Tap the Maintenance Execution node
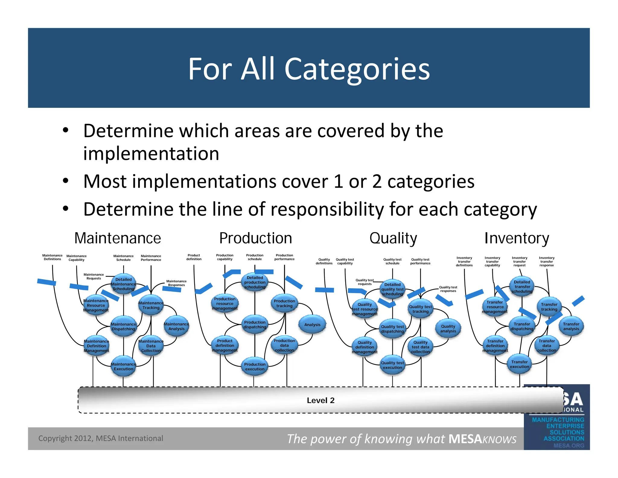click(x=123, y=367)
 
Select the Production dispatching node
click(x=255, y=325)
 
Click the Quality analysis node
click(x=448, y=328)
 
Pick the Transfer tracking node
click(x=549, y=307)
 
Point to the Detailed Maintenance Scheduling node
click(x=123, y=284)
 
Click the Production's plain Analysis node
click(x=312, y=325)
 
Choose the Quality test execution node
click(x=392, y=365)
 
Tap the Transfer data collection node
click(x=546, y=346)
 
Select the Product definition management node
click(x=225, y=345)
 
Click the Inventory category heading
click(x=517, y=238)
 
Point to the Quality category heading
click(x=393, y=238)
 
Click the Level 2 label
click(x=320, y=400)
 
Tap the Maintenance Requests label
click(x=94, y=276)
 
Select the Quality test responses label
click(x=448, y=289)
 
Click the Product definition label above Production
click(x=194, y=257)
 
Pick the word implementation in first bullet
click(x=151, y=153)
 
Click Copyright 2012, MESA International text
click(x=100, y=438)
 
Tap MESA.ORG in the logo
click(x=569, y=445)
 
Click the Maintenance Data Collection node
click(x=151, y=346)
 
